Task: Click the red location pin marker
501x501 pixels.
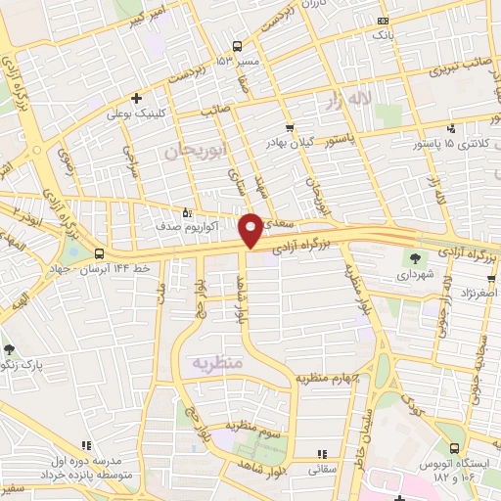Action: pos(250,231)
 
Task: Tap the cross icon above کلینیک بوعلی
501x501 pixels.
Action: pos(137,97)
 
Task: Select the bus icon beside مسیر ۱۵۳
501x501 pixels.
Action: pos(238,46)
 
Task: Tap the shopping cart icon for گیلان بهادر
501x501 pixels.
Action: pos(289,128)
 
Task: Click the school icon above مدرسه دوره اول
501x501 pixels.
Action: pos(87,446)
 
